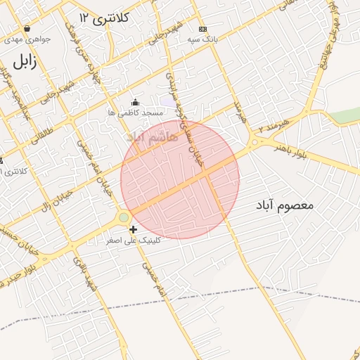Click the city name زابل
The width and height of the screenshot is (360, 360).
click(23, 61)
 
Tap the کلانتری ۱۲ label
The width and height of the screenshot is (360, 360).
click(103, 18)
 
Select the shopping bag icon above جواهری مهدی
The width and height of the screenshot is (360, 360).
click(27, 29)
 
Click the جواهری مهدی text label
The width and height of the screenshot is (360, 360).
click(24, 40)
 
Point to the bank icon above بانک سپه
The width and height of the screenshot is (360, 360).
click(202, 29)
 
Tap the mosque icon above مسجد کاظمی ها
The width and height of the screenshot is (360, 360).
click(135, 103)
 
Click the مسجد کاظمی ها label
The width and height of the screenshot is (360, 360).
click(136, 112)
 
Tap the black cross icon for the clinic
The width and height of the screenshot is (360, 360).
click(134, 229)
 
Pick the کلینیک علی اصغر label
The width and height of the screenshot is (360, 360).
click(134, 240)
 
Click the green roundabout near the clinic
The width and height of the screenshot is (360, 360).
click(124, 218)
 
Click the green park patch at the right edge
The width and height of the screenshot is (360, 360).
click(346, 115)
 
